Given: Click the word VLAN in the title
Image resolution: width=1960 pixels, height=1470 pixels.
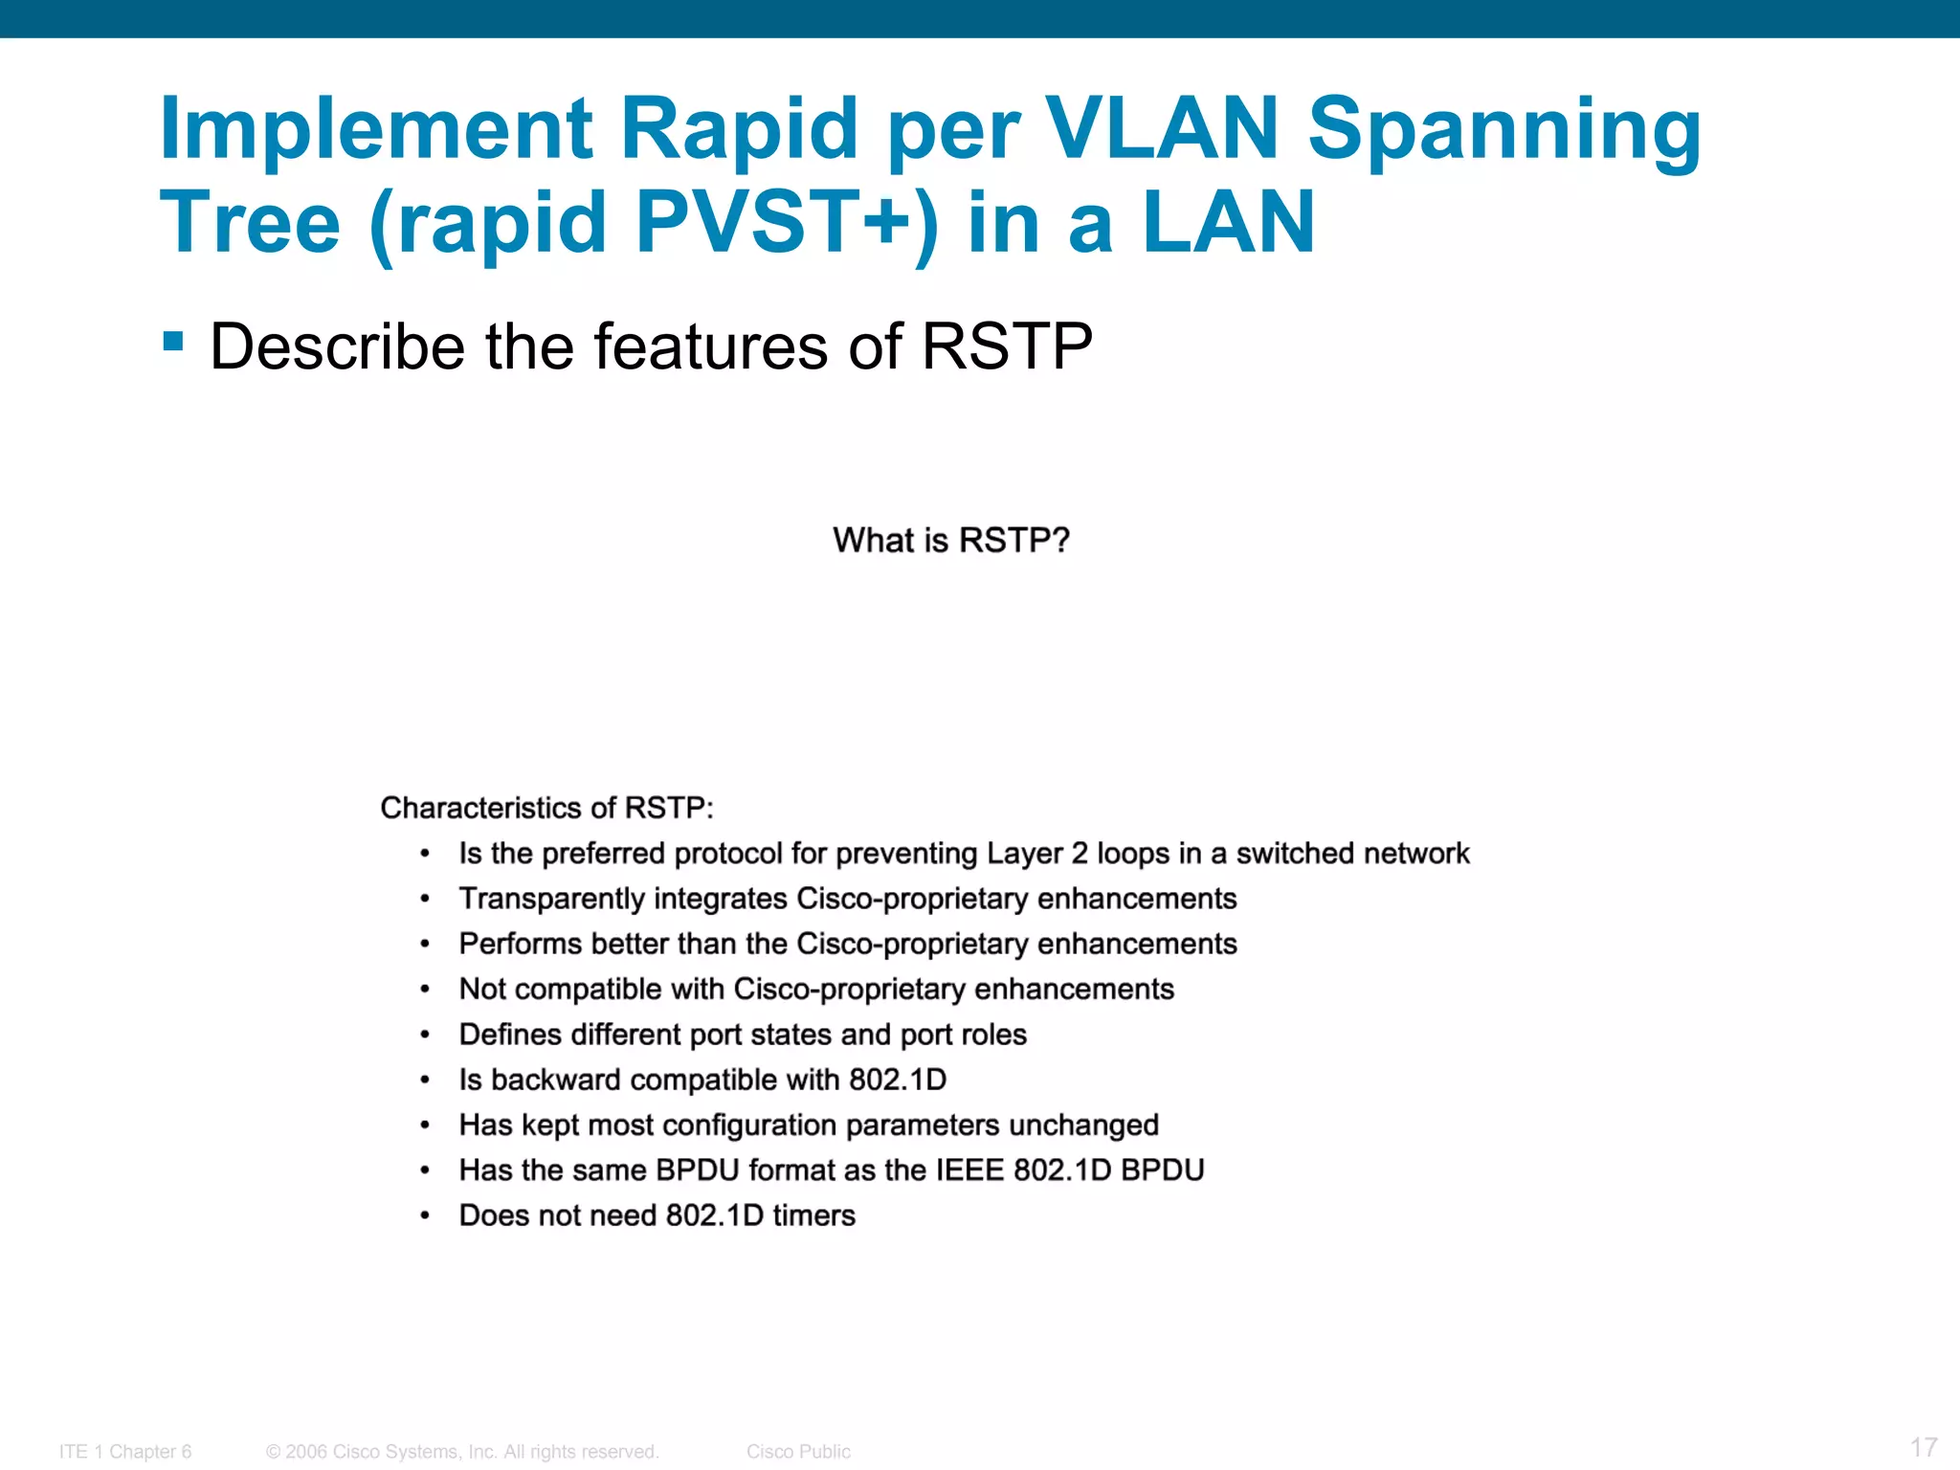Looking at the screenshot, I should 1162,129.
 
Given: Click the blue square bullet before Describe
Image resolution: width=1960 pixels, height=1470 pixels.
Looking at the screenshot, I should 173,342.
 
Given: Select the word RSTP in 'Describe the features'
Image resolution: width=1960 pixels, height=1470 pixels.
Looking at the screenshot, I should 1006,346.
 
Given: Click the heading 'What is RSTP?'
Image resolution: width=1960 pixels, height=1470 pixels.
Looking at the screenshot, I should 950,541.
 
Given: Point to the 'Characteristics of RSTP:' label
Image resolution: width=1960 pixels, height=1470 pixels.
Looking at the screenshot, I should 546,808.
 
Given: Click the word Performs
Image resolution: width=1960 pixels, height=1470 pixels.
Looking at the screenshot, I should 520,944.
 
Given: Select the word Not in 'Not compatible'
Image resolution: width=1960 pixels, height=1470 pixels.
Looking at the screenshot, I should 482,989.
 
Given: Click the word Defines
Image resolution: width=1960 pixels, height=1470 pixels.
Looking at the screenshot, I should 509,1035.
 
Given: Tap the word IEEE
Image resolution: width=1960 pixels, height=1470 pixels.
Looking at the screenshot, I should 969,1169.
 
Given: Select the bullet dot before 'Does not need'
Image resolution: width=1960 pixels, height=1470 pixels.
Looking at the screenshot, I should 425,1216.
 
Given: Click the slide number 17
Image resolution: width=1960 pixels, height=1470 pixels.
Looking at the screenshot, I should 1924,1447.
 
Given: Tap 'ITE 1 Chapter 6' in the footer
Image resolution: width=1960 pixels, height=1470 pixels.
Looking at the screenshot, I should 125,1452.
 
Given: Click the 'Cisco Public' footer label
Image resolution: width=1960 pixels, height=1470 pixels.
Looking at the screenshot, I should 798,1452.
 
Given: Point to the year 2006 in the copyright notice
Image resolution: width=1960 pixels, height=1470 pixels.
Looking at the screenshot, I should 306,1452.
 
